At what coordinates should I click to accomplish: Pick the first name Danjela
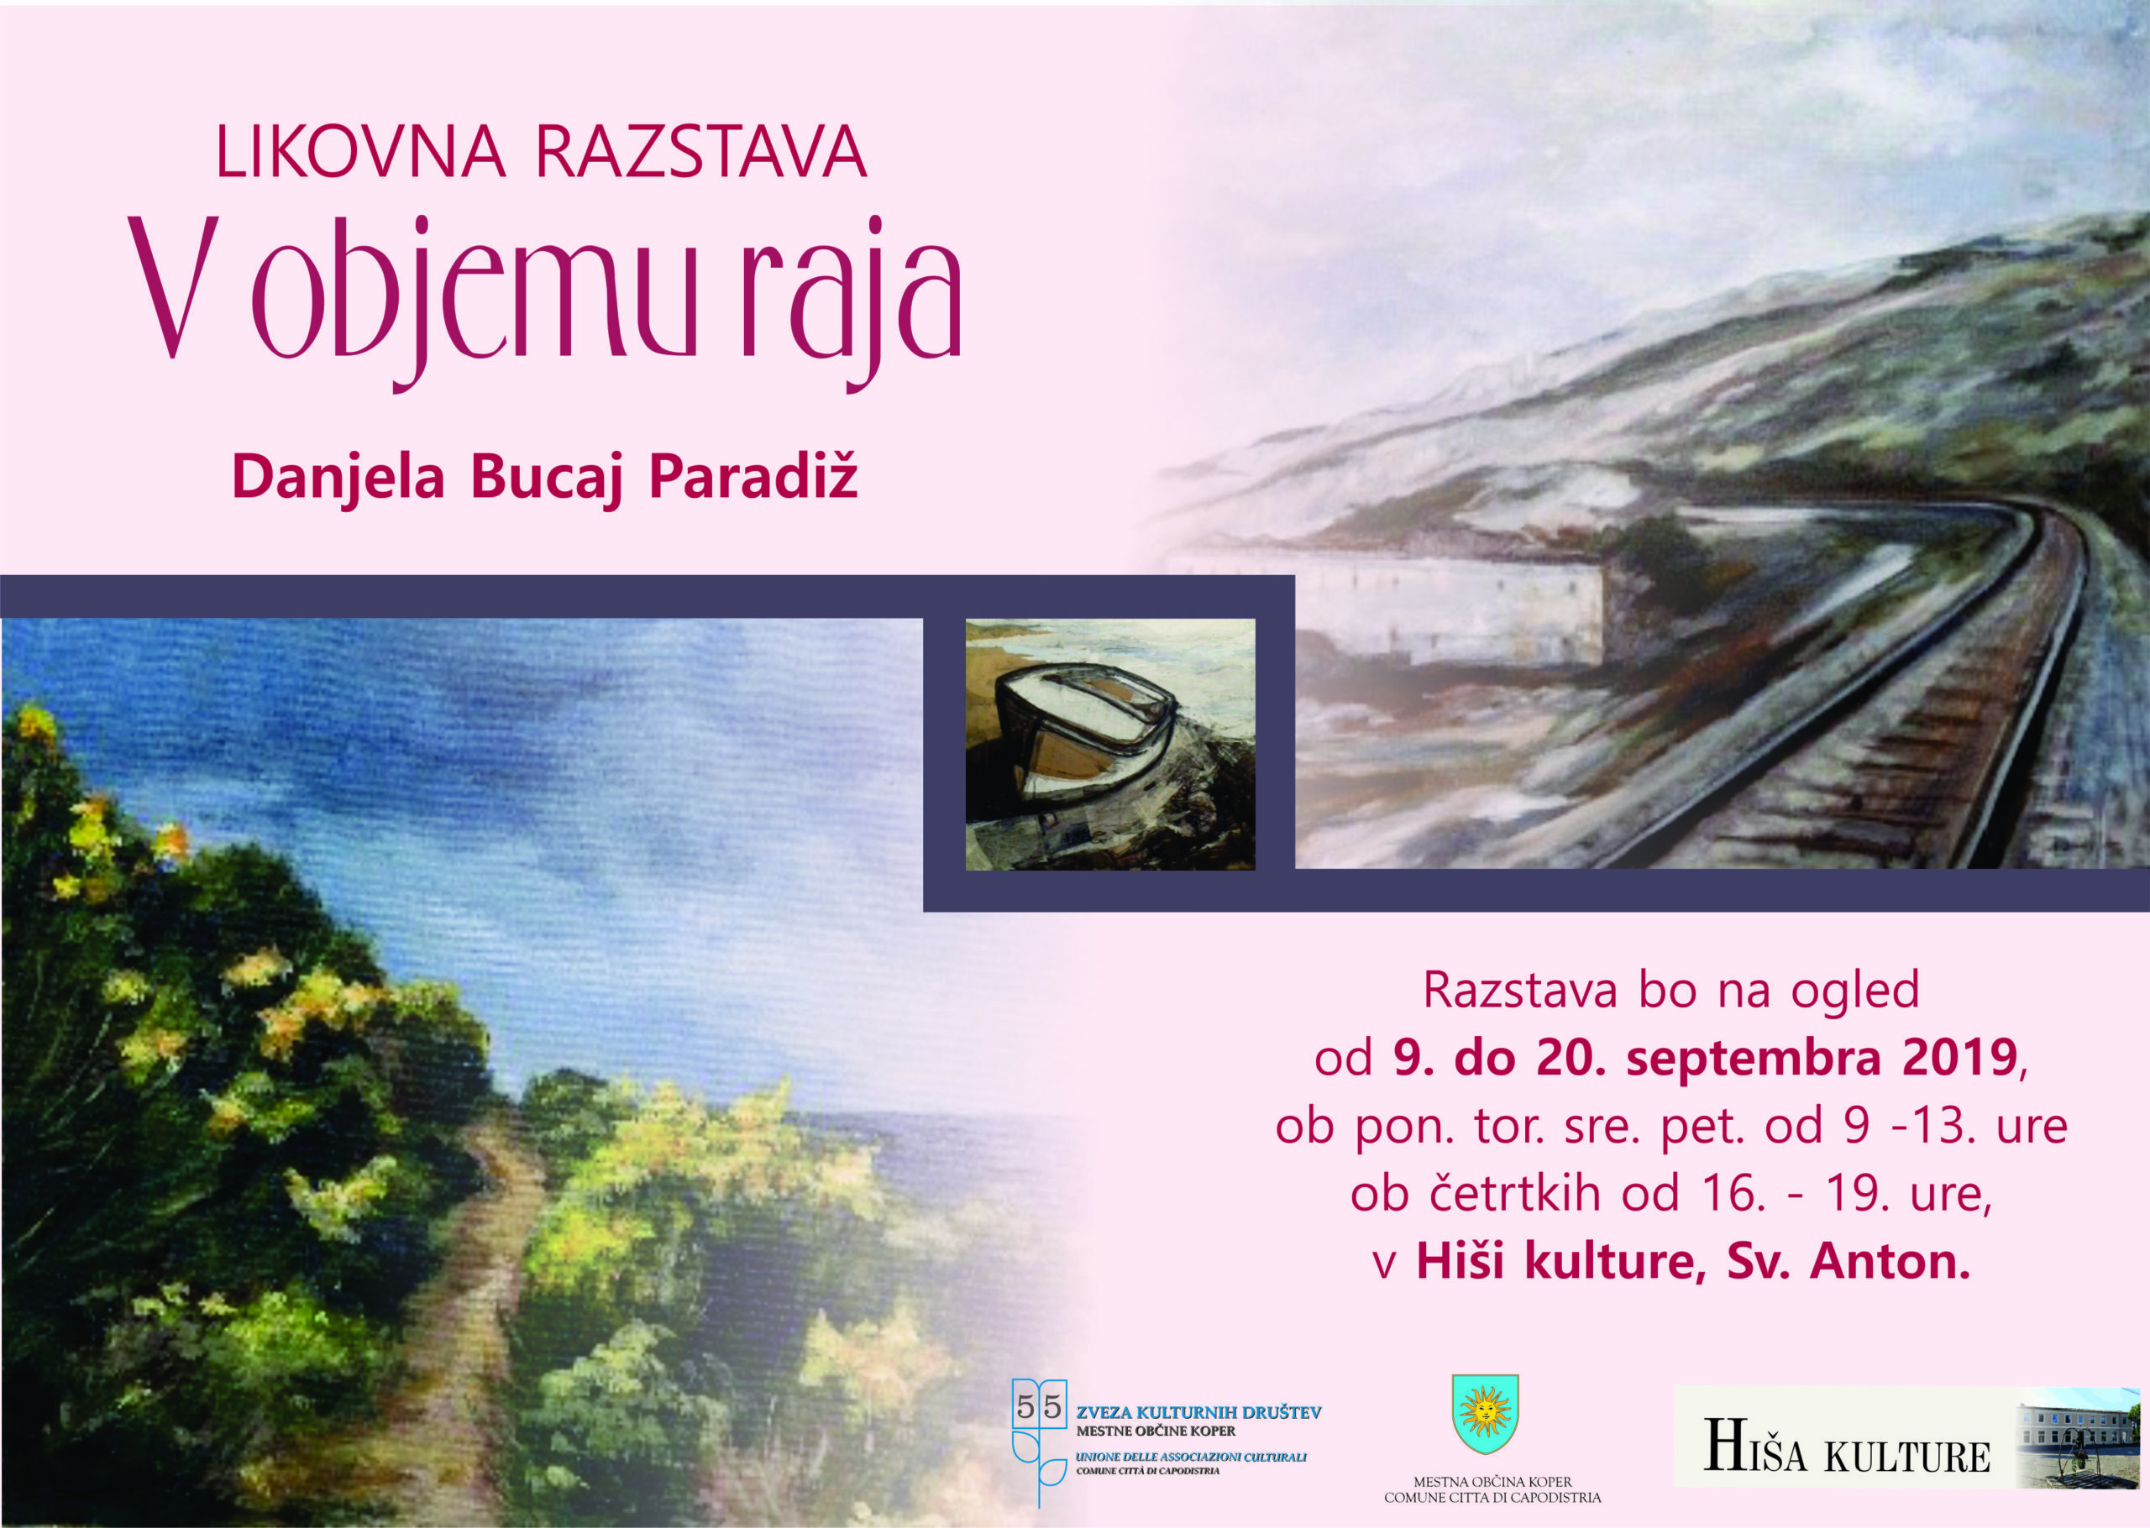point(338,478)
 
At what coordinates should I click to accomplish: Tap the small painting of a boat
point(1110,743)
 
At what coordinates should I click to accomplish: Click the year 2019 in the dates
point(1960,1059)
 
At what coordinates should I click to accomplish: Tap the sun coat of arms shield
point(1485,1413)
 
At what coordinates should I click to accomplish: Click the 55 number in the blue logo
point(1040,1408)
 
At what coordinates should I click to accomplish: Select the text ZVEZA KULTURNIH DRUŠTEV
point(1198,1412)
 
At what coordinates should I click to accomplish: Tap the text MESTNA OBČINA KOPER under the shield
point(1492,1482)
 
